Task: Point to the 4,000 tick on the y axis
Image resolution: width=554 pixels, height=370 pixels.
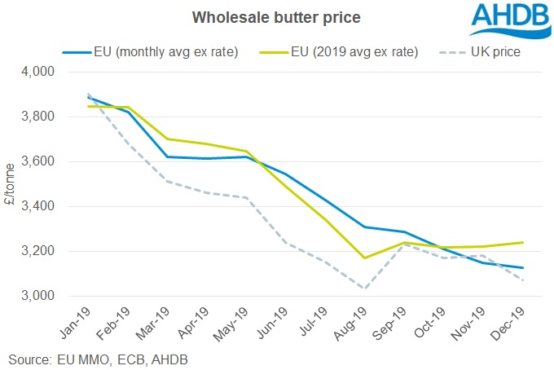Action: point(35,73)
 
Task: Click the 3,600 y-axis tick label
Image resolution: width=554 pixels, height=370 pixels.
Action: point(35,161)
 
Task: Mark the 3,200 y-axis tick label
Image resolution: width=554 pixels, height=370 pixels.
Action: point(35,251)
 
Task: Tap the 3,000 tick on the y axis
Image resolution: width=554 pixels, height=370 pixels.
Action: point(35,296)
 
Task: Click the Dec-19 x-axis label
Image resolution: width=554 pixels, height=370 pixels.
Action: point(510,321)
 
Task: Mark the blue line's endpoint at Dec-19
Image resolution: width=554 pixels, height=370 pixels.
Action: point(522,268)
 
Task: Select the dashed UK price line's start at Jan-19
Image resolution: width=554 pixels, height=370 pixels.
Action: point(87,95)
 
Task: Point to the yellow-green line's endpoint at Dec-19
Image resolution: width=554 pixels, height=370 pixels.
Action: point(522,242)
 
